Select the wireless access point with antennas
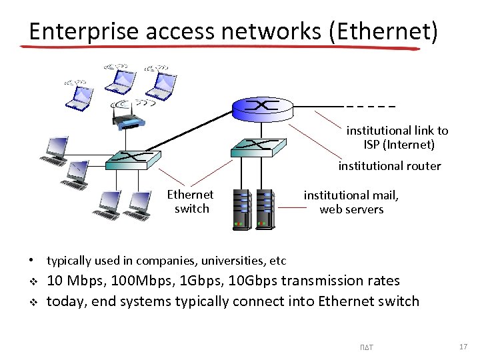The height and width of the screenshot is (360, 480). pyautogui.click(x=127, y=117)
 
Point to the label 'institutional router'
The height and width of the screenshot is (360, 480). pyautogui.click(x=389, y=166)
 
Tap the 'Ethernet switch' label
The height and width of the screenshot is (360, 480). pyautogui.click(x=191, y=201)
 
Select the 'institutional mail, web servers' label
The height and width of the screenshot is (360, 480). pyautogui.click(x=351, y=202)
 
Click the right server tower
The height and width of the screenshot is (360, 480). pyautogui.click(x=265, y=209)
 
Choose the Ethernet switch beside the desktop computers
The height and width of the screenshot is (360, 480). pyautogui.click(x=135, y=158)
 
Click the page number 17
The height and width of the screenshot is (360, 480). pyautogui.click(x=463, y=347)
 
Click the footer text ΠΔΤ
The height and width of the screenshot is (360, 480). pyautogui.click(x=366, y=347)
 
